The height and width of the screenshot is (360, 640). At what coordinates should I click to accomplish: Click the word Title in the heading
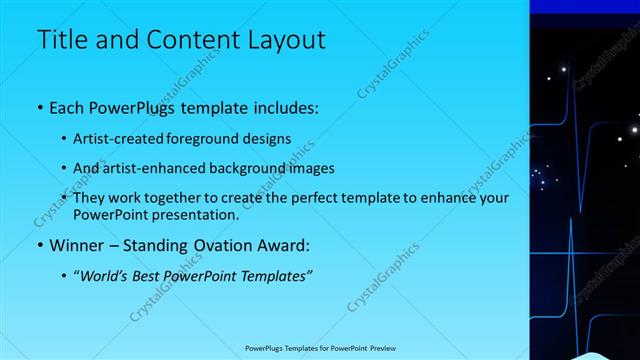(63, 40)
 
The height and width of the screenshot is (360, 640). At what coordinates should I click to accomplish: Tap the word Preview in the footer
(379, 348)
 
